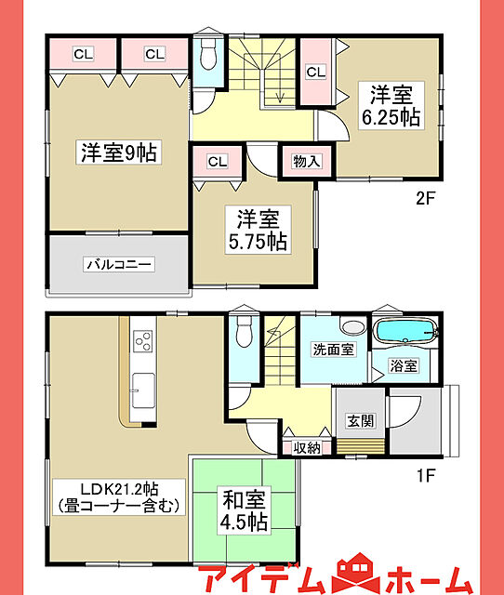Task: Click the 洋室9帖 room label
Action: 119,152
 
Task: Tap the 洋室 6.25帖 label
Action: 391,106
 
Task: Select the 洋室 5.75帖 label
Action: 258,230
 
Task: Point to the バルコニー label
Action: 119,264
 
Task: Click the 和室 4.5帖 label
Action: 245,510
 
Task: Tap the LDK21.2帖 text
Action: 119,489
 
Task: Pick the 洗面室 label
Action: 333,350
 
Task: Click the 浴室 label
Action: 404,365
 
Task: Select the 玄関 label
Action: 361,420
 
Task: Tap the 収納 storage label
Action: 307,448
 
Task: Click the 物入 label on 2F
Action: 307,161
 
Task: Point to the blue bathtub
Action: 406,330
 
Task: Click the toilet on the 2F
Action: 208,53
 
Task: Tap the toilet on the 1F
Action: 244,331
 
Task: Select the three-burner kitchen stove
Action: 142,341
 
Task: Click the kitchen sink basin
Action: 143,390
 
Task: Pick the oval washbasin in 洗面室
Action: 353,326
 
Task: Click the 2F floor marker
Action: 426,198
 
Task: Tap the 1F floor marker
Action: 426,475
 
